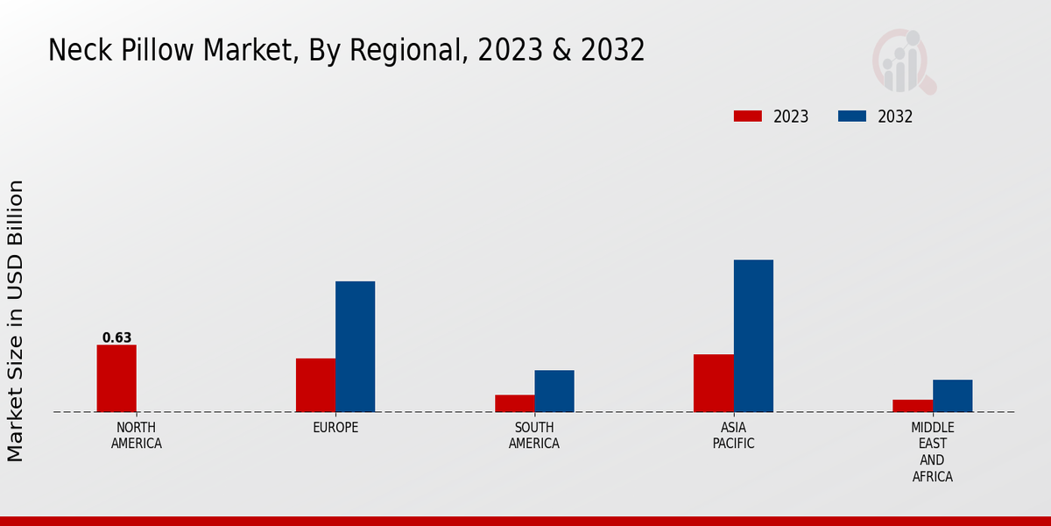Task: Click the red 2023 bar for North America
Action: point(116,378)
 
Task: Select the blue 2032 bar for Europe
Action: point(355,346)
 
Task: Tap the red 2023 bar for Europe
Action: point(315,385)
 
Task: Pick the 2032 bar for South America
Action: point(554,391)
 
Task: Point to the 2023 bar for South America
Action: point(514,403)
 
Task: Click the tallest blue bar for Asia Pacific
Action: point(753,336)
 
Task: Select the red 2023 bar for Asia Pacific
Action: point(713,383)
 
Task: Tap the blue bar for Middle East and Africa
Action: point(952,395)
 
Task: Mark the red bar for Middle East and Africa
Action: point(913,406)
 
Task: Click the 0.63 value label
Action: point(116,338)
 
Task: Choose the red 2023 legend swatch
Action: point(748,117)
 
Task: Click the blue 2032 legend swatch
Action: point(852,117)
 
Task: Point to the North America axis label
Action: point(136,436)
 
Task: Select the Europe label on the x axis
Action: point(335,428)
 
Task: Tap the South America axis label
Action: point(534,436)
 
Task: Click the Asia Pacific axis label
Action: point(733,436)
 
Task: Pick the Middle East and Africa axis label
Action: point(932,452)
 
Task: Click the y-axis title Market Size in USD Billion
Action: point(16,320)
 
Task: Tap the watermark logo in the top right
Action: point(903,61)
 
